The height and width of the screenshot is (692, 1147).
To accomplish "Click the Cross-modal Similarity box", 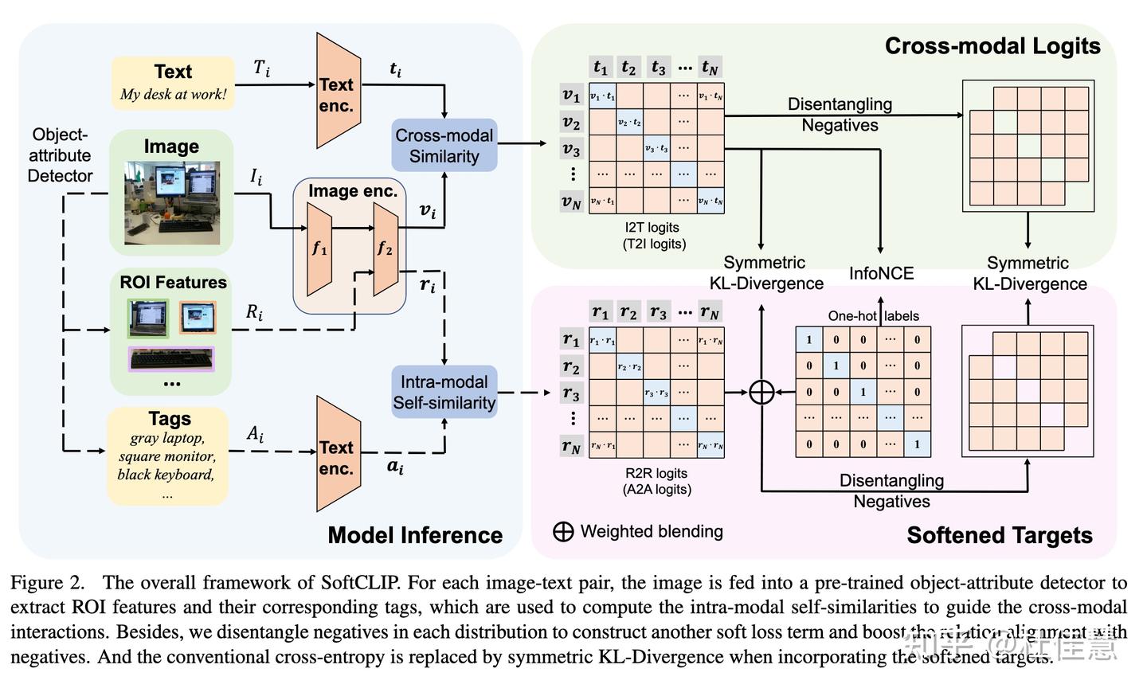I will pyautogui.click(x=444, y=146).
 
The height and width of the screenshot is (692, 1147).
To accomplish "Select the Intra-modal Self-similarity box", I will pyautogui.click(x=444, y=392).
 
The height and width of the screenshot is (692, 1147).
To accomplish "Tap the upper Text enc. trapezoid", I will pyautogui.click(x=338, y=92).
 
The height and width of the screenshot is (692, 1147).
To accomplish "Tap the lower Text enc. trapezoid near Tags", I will pyautogui.click(x=338, y=455).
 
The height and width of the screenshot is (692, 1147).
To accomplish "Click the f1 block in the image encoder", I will pyautogui.click(x=319, y=248).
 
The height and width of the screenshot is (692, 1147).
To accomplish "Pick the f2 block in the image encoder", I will pyautogui.click(x=385, y=248).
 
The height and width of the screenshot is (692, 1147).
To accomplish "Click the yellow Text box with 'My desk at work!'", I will pyautogui.click(x=173, y=83).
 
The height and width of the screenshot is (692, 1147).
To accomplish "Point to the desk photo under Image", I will pyautogui.click(x=171, y=203).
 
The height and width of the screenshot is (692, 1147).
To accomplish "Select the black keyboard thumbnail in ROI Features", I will pyautogui.click(x=171, y=359).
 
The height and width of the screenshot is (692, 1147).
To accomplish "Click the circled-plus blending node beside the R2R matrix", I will pyautogui.click(x=761, y=392).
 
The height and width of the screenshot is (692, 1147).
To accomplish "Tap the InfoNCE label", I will pyautogui.click(x=881, y=273).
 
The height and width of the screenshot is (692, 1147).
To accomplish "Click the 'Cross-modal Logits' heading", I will pyautogui.click(x=992, y=46).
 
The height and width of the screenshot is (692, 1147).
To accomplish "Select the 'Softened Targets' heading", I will pyautogui.click(x=999, y=535).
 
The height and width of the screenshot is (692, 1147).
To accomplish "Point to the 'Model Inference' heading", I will pyautogui.click(x=415, y=535).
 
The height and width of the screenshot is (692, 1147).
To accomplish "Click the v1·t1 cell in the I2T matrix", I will pyautogui.click(x=602, y=96).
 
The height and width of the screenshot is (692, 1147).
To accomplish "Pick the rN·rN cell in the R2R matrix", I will pyautogui.click(x=710, y=446).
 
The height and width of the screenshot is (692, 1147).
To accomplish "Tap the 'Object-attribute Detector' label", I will pyautogui.click(x=60, y=155).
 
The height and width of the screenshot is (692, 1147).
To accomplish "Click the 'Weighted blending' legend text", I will pyautogui.click(x=651, y=531).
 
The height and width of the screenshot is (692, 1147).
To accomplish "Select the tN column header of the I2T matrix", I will pyautogui.click(x=709, y=68).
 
